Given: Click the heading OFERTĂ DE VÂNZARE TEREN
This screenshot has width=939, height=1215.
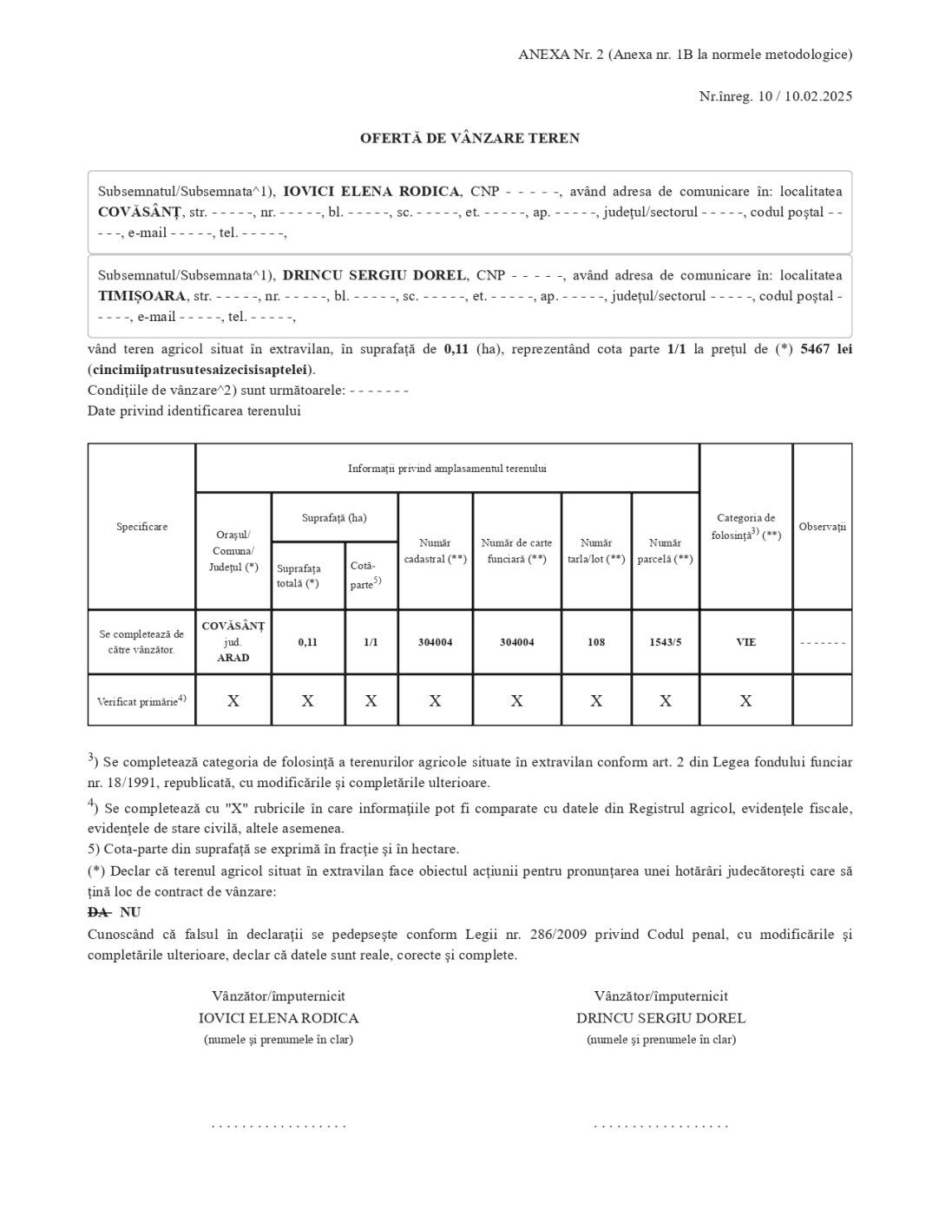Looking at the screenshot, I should click(x=469, y=138).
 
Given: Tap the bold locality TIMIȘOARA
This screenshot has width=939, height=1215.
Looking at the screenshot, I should click(x=141, y=296).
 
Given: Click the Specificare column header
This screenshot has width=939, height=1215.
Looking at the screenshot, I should click(x=141, y=527).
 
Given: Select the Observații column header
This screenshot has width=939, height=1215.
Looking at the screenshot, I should click(x=822, y=527).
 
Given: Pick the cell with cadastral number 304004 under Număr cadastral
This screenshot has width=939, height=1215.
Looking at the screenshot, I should click(x=435, y=642).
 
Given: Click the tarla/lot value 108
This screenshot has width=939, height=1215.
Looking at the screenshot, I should click(x=596, y=642).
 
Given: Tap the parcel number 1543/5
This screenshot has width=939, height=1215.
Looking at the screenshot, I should click(x=665, y=642).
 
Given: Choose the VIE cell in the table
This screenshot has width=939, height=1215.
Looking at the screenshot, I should click(x=745, y=642).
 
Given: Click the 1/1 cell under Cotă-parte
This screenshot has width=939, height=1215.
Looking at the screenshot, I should click(x=371, y=642).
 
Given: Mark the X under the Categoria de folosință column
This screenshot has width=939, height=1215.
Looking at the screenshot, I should click(x=745, y=701).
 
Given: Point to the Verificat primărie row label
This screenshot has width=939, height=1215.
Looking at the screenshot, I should click(x=141, y=701).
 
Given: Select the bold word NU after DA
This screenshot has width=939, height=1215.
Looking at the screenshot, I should click(x=130, y=912).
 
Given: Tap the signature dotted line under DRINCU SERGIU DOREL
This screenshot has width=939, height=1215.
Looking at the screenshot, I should click(x=660, y=1126).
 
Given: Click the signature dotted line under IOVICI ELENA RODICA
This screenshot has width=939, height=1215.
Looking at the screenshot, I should click(x=279, y=1126).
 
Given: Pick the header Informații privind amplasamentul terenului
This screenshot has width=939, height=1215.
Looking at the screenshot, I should click(x=447, y=469).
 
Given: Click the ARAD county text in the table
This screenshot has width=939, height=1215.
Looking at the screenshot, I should click(x=233, y=658).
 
